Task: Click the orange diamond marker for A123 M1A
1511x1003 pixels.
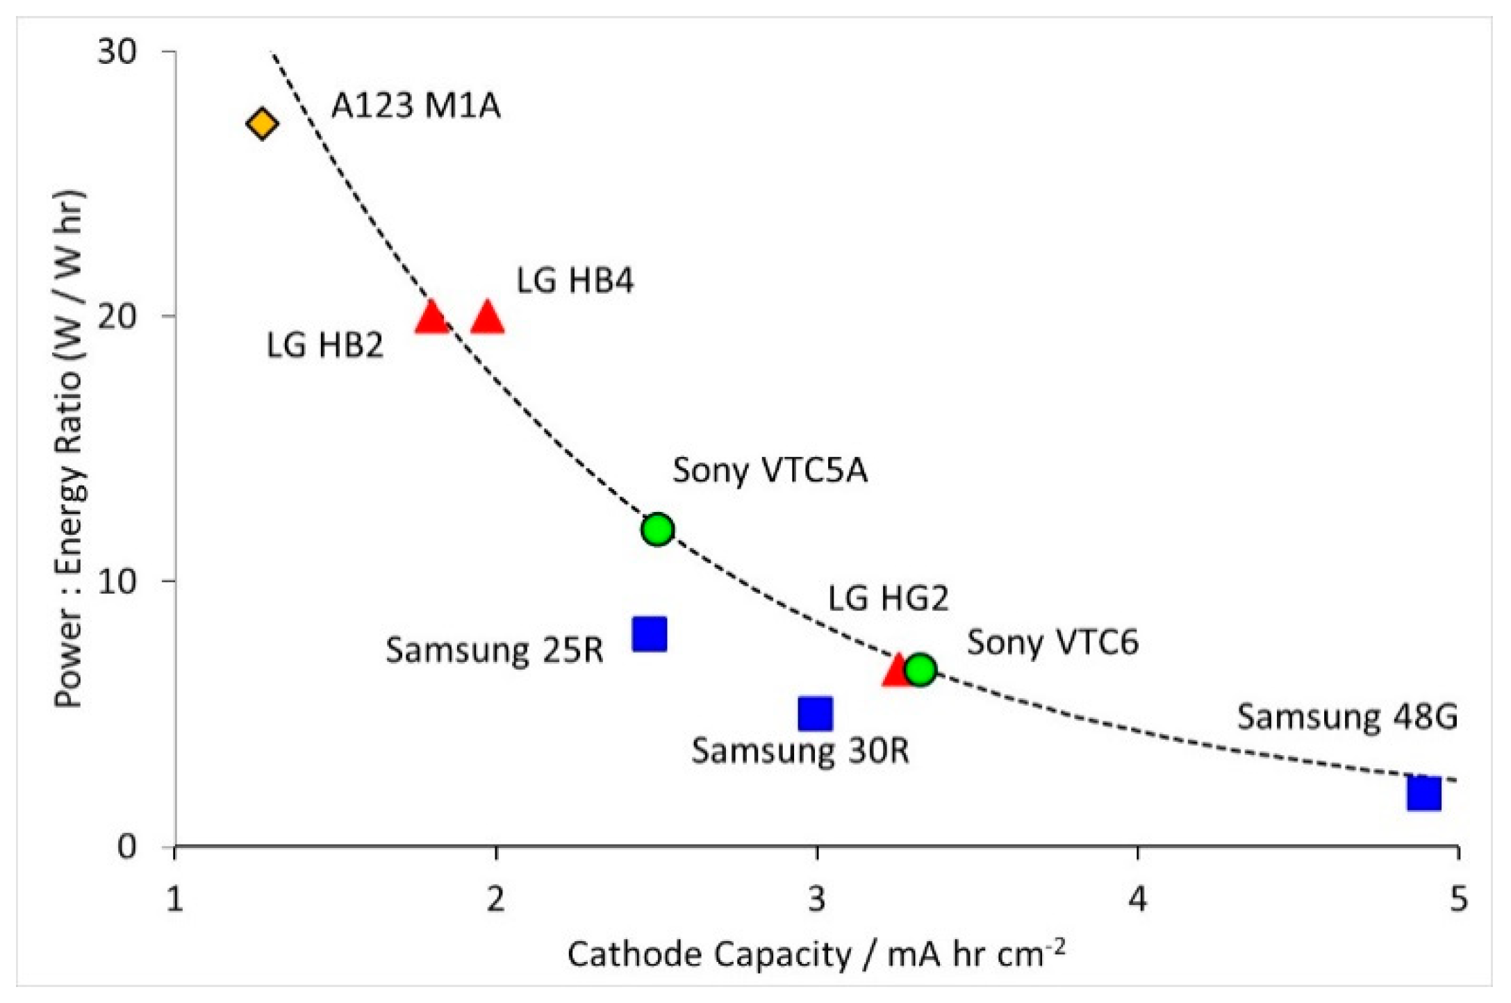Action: pos(262,124)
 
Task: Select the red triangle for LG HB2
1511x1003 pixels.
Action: pos(432,318)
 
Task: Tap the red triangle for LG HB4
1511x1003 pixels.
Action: pos(487,318)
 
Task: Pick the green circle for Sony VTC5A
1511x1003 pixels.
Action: pos(657,529)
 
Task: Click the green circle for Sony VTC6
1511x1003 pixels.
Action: pos(920,670)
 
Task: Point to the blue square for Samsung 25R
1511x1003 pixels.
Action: pos(650,634)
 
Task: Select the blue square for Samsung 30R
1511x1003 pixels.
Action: pos(816,713)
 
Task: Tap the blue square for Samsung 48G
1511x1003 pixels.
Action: pos(1423,793)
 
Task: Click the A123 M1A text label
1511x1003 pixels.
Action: pos(415,106)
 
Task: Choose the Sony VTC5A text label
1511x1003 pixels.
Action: pos(770,470)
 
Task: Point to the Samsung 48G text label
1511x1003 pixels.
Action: pos(1346,716)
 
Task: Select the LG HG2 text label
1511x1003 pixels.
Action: pos(888,598)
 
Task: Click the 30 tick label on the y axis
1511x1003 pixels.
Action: pos(117,51)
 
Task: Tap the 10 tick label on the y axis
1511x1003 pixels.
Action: pos(117,581)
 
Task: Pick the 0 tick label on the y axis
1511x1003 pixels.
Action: pos(127,847)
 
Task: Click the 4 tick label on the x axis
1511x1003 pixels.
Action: pos(1137,899)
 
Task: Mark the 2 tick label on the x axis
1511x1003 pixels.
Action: pos(495,899)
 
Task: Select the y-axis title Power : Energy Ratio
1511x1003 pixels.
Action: pos(69,448)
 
